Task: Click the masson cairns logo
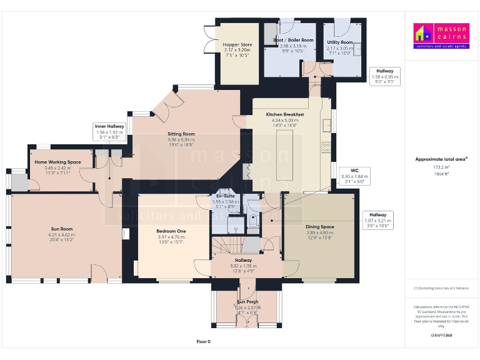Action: [x=440, y=36]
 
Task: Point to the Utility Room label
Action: [x=339, y=42]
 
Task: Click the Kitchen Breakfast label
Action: [x=285, y=115]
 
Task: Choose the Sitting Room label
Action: [x=181, y=134]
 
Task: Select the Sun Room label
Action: [x=62, y=229]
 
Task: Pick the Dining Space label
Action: [x=319, y=227]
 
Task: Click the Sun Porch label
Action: [x=247, y=302]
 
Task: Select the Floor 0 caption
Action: [x=204, y=342]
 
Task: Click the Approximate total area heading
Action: [x=440, y=159]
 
